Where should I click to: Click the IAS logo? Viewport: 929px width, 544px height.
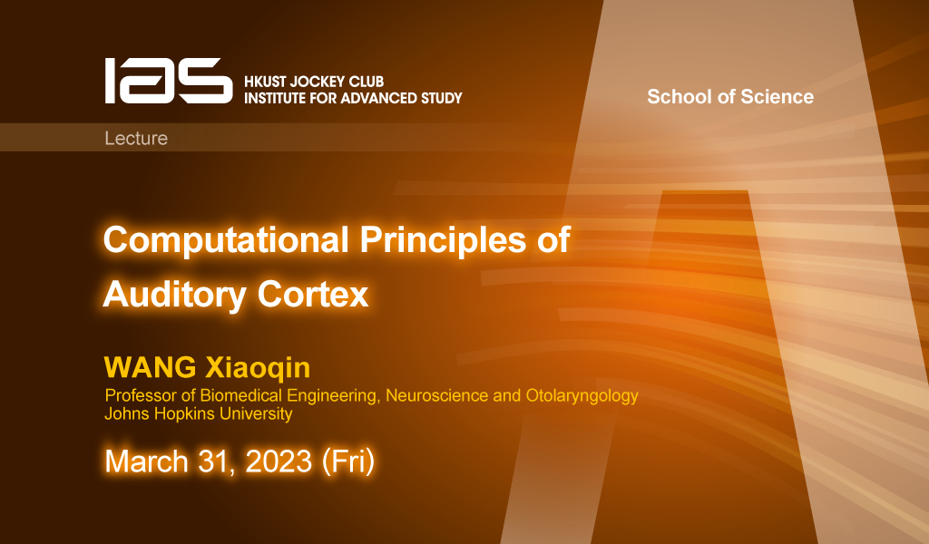pos(169,81)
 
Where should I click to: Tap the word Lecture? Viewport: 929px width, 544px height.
pos(136,138)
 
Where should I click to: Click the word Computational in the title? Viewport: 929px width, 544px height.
pos(226,240)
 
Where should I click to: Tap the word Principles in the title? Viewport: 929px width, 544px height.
pos(443,240)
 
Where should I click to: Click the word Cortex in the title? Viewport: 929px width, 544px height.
pos(313,294)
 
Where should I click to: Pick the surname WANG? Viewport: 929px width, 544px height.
pos(150,367)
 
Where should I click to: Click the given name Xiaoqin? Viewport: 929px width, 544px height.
pos(258,367)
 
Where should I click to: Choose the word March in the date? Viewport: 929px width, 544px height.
pos(146,461)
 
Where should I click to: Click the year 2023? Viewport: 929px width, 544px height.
pos(279,461)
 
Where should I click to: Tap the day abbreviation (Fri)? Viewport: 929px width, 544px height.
pos(348,461)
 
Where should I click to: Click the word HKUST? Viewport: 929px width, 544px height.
pos(265,82)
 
